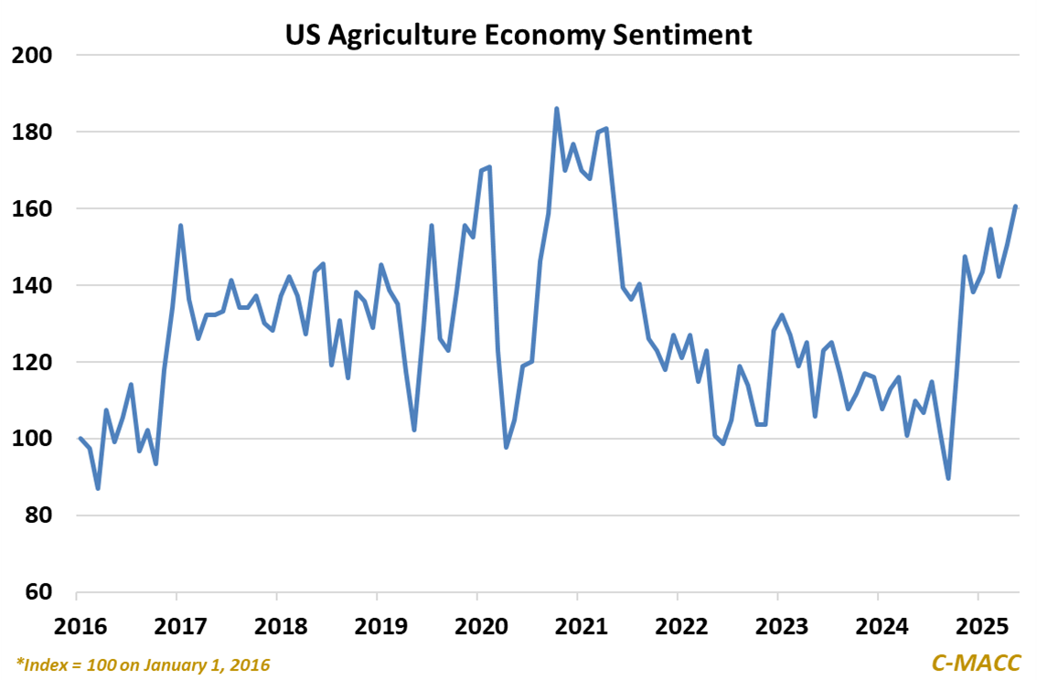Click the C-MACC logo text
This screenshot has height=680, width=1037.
pyautogui.click(x=976, y=662)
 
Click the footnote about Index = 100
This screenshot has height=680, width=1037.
pyautogui.click(x=144, y=663)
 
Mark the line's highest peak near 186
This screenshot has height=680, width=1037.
pyautogui.click(x=557, y=109)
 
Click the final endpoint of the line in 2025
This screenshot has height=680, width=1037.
pyautogui.click(x=1016, y=207)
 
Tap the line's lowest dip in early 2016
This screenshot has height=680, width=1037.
pyautogui.click(x=98, y=488)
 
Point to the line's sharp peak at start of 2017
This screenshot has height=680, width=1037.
pyautogui.click(x=181, y=226)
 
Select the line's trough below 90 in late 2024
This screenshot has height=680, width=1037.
pyautogui.click(x=948, y=478)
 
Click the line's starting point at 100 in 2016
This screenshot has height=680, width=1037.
pyautogui.click(x=80, y=439)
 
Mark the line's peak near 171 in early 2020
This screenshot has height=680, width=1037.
pyautogui.click(x=490, y=166)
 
